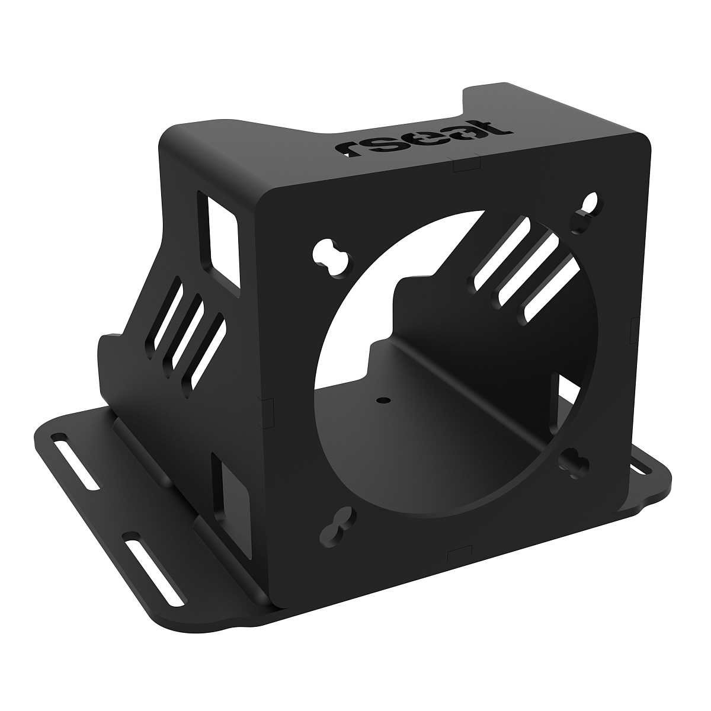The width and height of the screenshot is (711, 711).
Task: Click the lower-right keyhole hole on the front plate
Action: click(574, 461)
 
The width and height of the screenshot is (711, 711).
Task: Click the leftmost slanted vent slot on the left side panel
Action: click(168, 317)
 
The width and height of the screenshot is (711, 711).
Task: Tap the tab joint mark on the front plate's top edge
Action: click(465, 164)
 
